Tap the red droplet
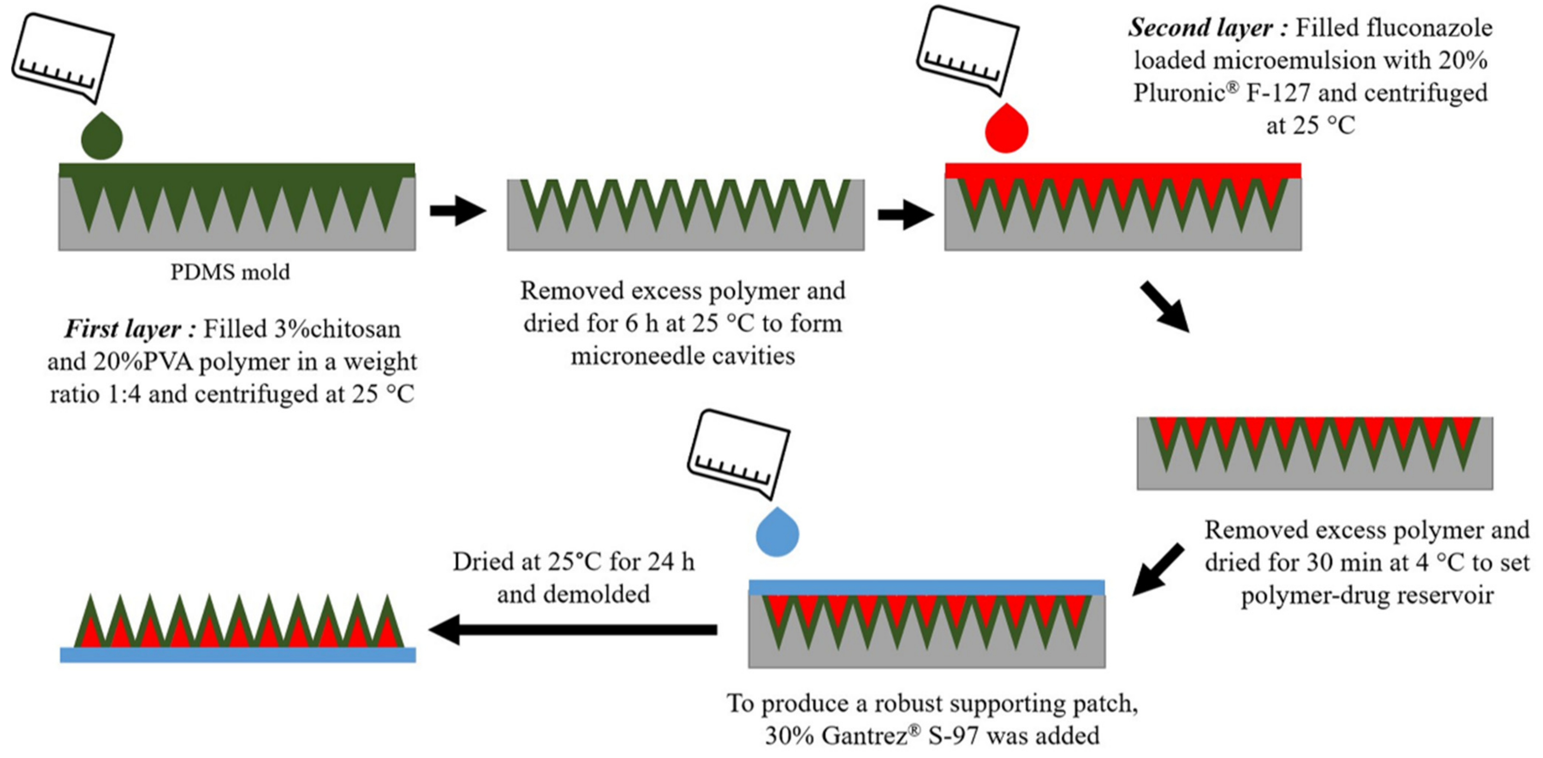coord(1006,130)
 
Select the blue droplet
coord(777,534)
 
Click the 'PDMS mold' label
coord(230,272)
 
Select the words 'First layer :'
coord(130,329)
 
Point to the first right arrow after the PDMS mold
coord(457,210)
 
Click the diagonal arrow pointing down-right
coord(1164,307)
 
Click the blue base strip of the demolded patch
coord(238,655)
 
